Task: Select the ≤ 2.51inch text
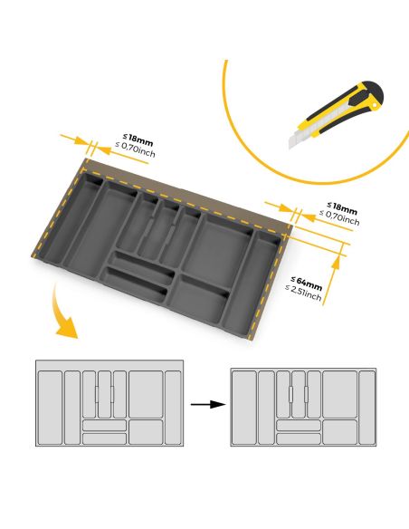pos(303,294)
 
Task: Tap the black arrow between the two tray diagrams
pos(207,404)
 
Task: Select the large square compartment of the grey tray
pos(220,244)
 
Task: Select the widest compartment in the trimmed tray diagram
pos(339,393)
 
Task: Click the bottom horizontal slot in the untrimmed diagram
pos(105,438)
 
